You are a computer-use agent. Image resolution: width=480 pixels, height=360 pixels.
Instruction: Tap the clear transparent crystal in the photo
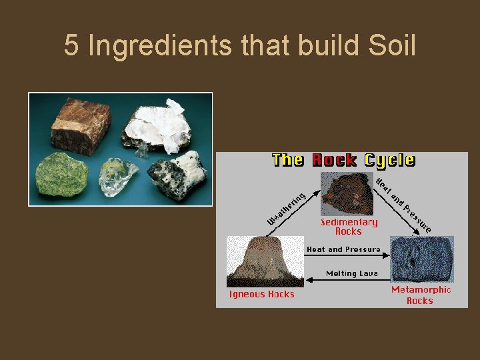coord(118,179)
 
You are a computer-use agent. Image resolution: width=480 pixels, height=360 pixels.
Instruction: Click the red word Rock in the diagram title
coord(333,161)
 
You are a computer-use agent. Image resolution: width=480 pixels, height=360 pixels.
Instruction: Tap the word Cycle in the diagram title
coord(388,161)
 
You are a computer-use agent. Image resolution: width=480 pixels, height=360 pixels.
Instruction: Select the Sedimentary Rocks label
coord(349,227)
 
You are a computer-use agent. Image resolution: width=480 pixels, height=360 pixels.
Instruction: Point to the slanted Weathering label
coord(285,209)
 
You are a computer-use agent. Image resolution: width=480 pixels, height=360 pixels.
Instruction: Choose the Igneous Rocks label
coord(261,294)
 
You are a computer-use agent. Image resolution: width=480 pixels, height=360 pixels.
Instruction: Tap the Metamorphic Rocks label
coord(420,295)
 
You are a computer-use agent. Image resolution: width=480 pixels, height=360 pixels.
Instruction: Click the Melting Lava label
coord(351,273)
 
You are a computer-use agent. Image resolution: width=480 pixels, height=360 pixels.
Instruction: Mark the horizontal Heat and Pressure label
coord(343,249)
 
